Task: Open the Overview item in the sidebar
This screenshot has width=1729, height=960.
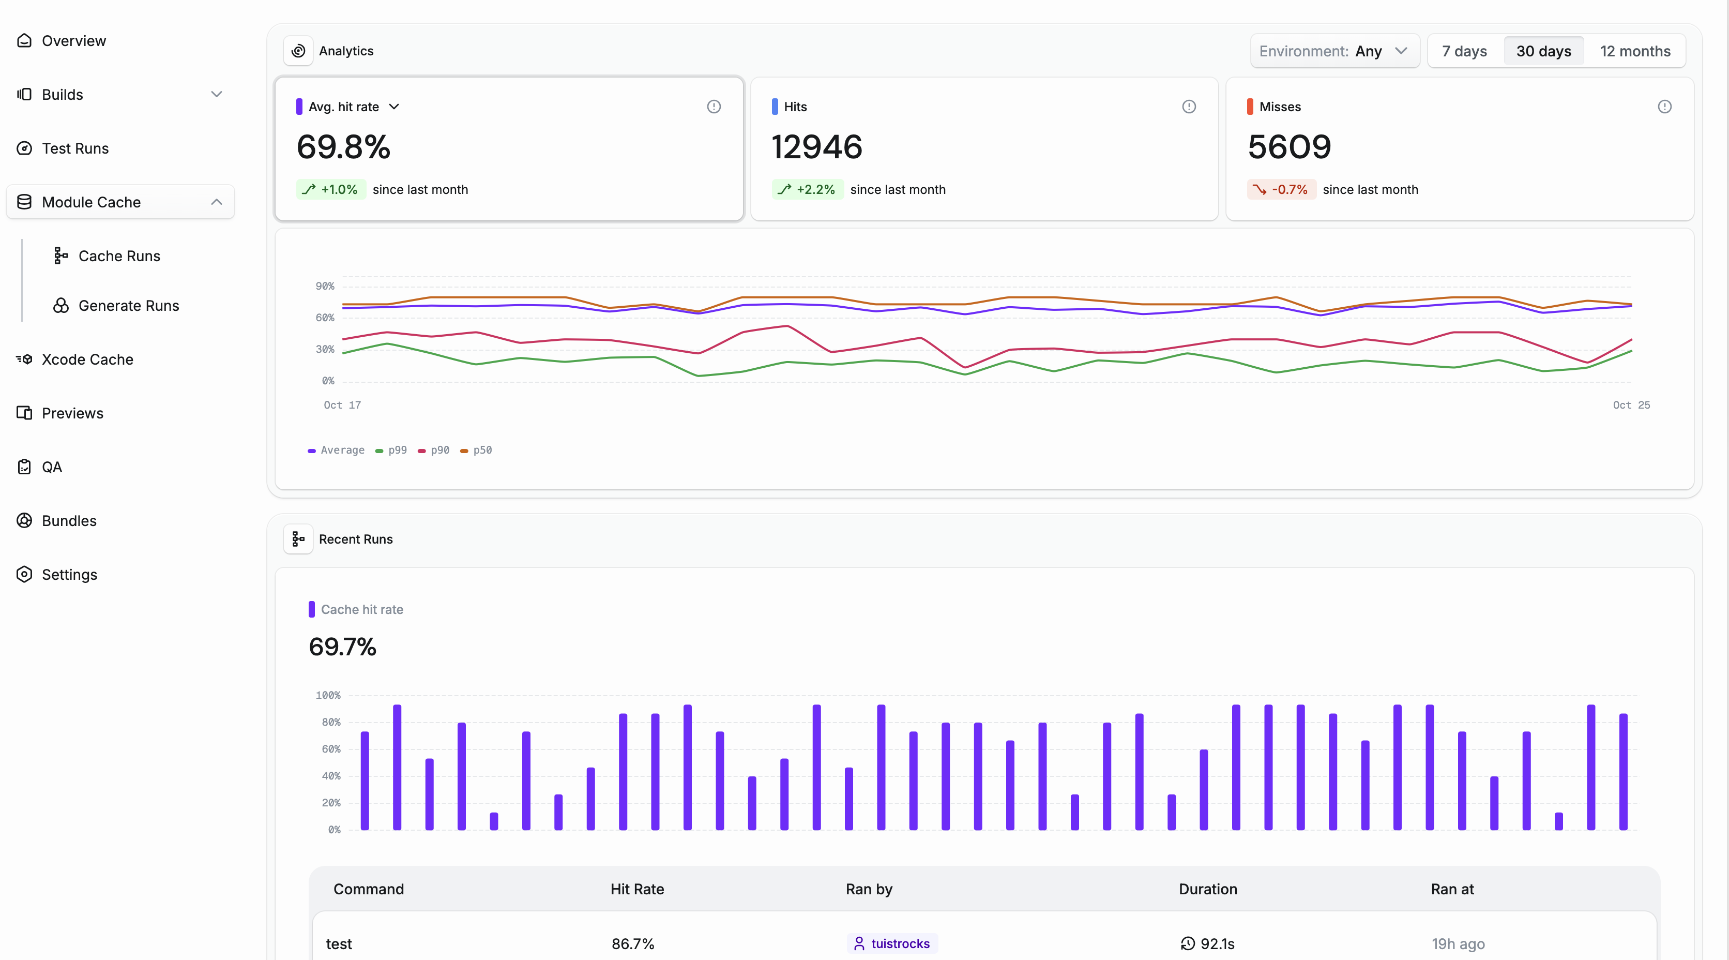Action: coord(73,41)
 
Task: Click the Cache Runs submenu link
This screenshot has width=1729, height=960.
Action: coord(119,256)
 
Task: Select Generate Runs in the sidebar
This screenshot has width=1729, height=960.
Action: coord(128,306)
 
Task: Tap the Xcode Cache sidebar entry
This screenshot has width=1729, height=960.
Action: coord(87,359)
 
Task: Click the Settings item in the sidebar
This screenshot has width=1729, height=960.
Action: coord(69,575)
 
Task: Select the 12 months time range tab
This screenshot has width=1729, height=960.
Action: coord(1634,51)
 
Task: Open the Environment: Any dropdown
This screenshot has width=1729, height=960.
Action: coord(1333,51)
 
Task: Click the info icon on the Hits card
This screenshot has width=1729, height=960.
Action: coord(1189,107)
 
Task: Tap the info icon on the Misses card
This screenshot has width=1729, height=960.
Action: coord(1664,107)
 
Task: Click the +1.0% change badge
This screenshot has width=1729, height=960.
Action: coord(331,189)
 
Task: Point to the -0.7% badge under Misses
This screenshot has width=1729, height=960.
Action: coord(1281,189)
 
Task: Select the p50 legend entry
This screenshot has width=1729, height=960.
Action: coord(477,450)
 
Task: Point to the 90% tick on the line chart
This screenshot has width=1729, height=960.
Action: coord(325,286)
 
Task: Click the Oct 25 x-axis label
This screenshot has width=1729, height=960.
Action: coord(1631,405)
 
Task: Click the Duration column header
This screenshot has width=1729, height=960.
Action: coord(1207,889)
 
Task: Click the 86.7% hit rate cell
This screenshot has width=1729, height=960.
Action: coord(632,944)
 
